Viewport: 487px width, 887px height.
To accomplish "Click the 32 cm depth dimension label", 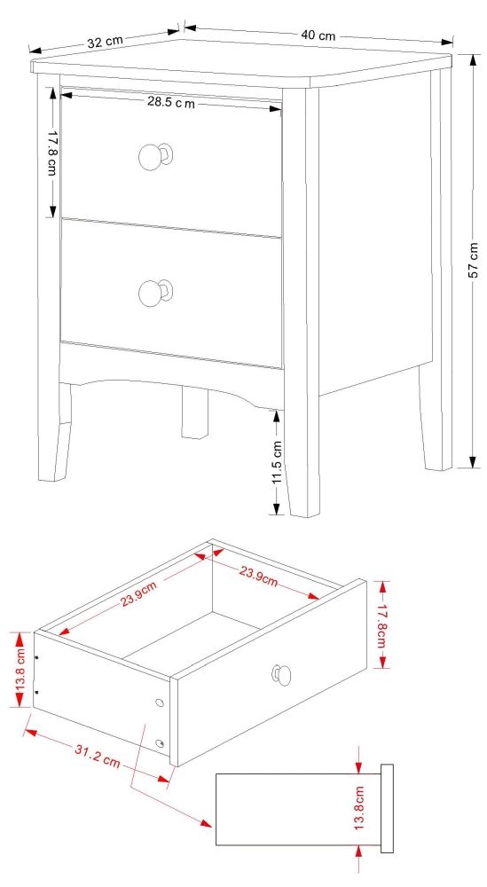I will pyautogui.click(x=105, y=41).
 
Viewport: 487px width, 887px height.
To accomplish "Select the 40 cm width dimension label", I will pyautogui.click(x=318, y=35).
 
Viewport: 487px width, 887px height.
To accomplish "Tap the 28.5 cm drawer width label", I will pyautogui.click(x=170, y=103).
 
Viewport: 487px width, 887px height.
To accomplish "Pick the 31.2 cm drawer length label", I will pyautogui.click(x=97, y=756).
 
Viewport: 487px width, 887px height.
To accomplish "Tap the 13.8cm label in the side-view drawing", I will pyautogui.click(x=359, y=807).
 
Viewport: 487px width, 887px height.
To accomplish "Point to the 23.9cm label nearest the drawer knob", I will pyautogui.click(x=258, y=577).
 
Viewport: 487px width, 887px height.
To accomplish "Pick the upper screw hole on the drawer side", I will pyautogui.click(x=160, y=703).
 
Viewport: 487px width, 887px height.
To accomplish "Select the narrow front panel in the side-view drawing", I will pyautogui.click(x=387, y=808).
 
